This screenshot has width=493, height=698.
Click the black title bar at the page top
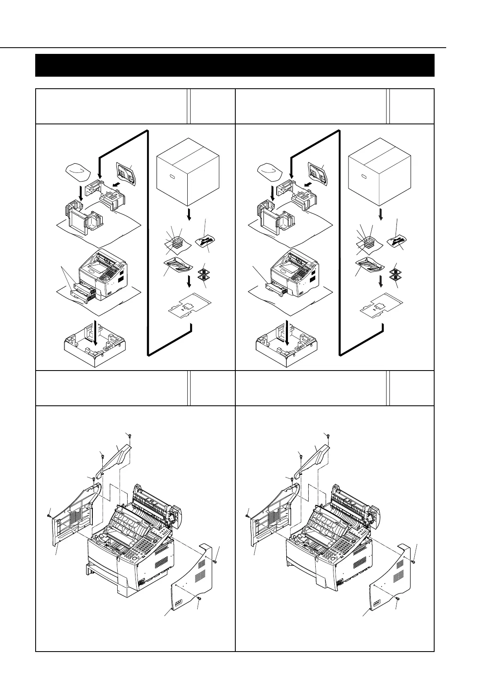coord(234,65)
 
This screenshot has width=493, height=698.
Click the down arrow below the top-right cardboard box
coord(381,215)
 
